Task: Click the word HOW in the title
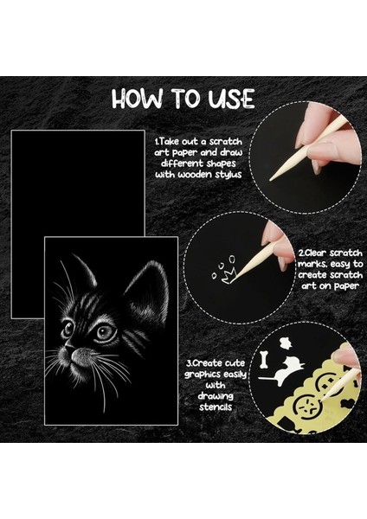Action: (138, 99)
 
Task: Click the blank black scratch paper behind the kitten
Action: (78, 173)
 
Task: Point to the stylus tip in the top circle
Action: (273, 176)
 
